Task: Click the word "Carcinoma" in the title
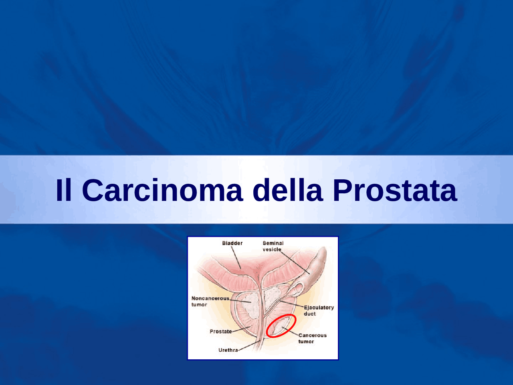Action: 162,190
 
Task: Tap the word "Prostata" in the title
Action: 394,190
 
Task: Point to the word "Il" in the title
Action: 64,190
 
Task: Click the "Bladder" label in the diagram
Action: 232,243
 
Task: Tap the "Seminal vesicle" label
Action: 273,246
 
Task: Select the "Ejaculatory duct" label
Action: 318,310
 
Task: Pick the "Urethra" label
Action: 228,350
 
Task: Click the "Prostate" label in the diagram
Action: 220,331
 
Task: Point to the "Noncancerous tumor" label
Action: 210,301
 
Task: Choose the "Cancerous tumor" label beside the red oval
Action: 312,338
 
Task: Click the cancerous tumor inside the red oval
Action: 279,326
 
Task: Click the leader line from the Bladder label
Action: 236,257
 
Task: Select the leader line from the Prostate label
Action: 241,329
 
